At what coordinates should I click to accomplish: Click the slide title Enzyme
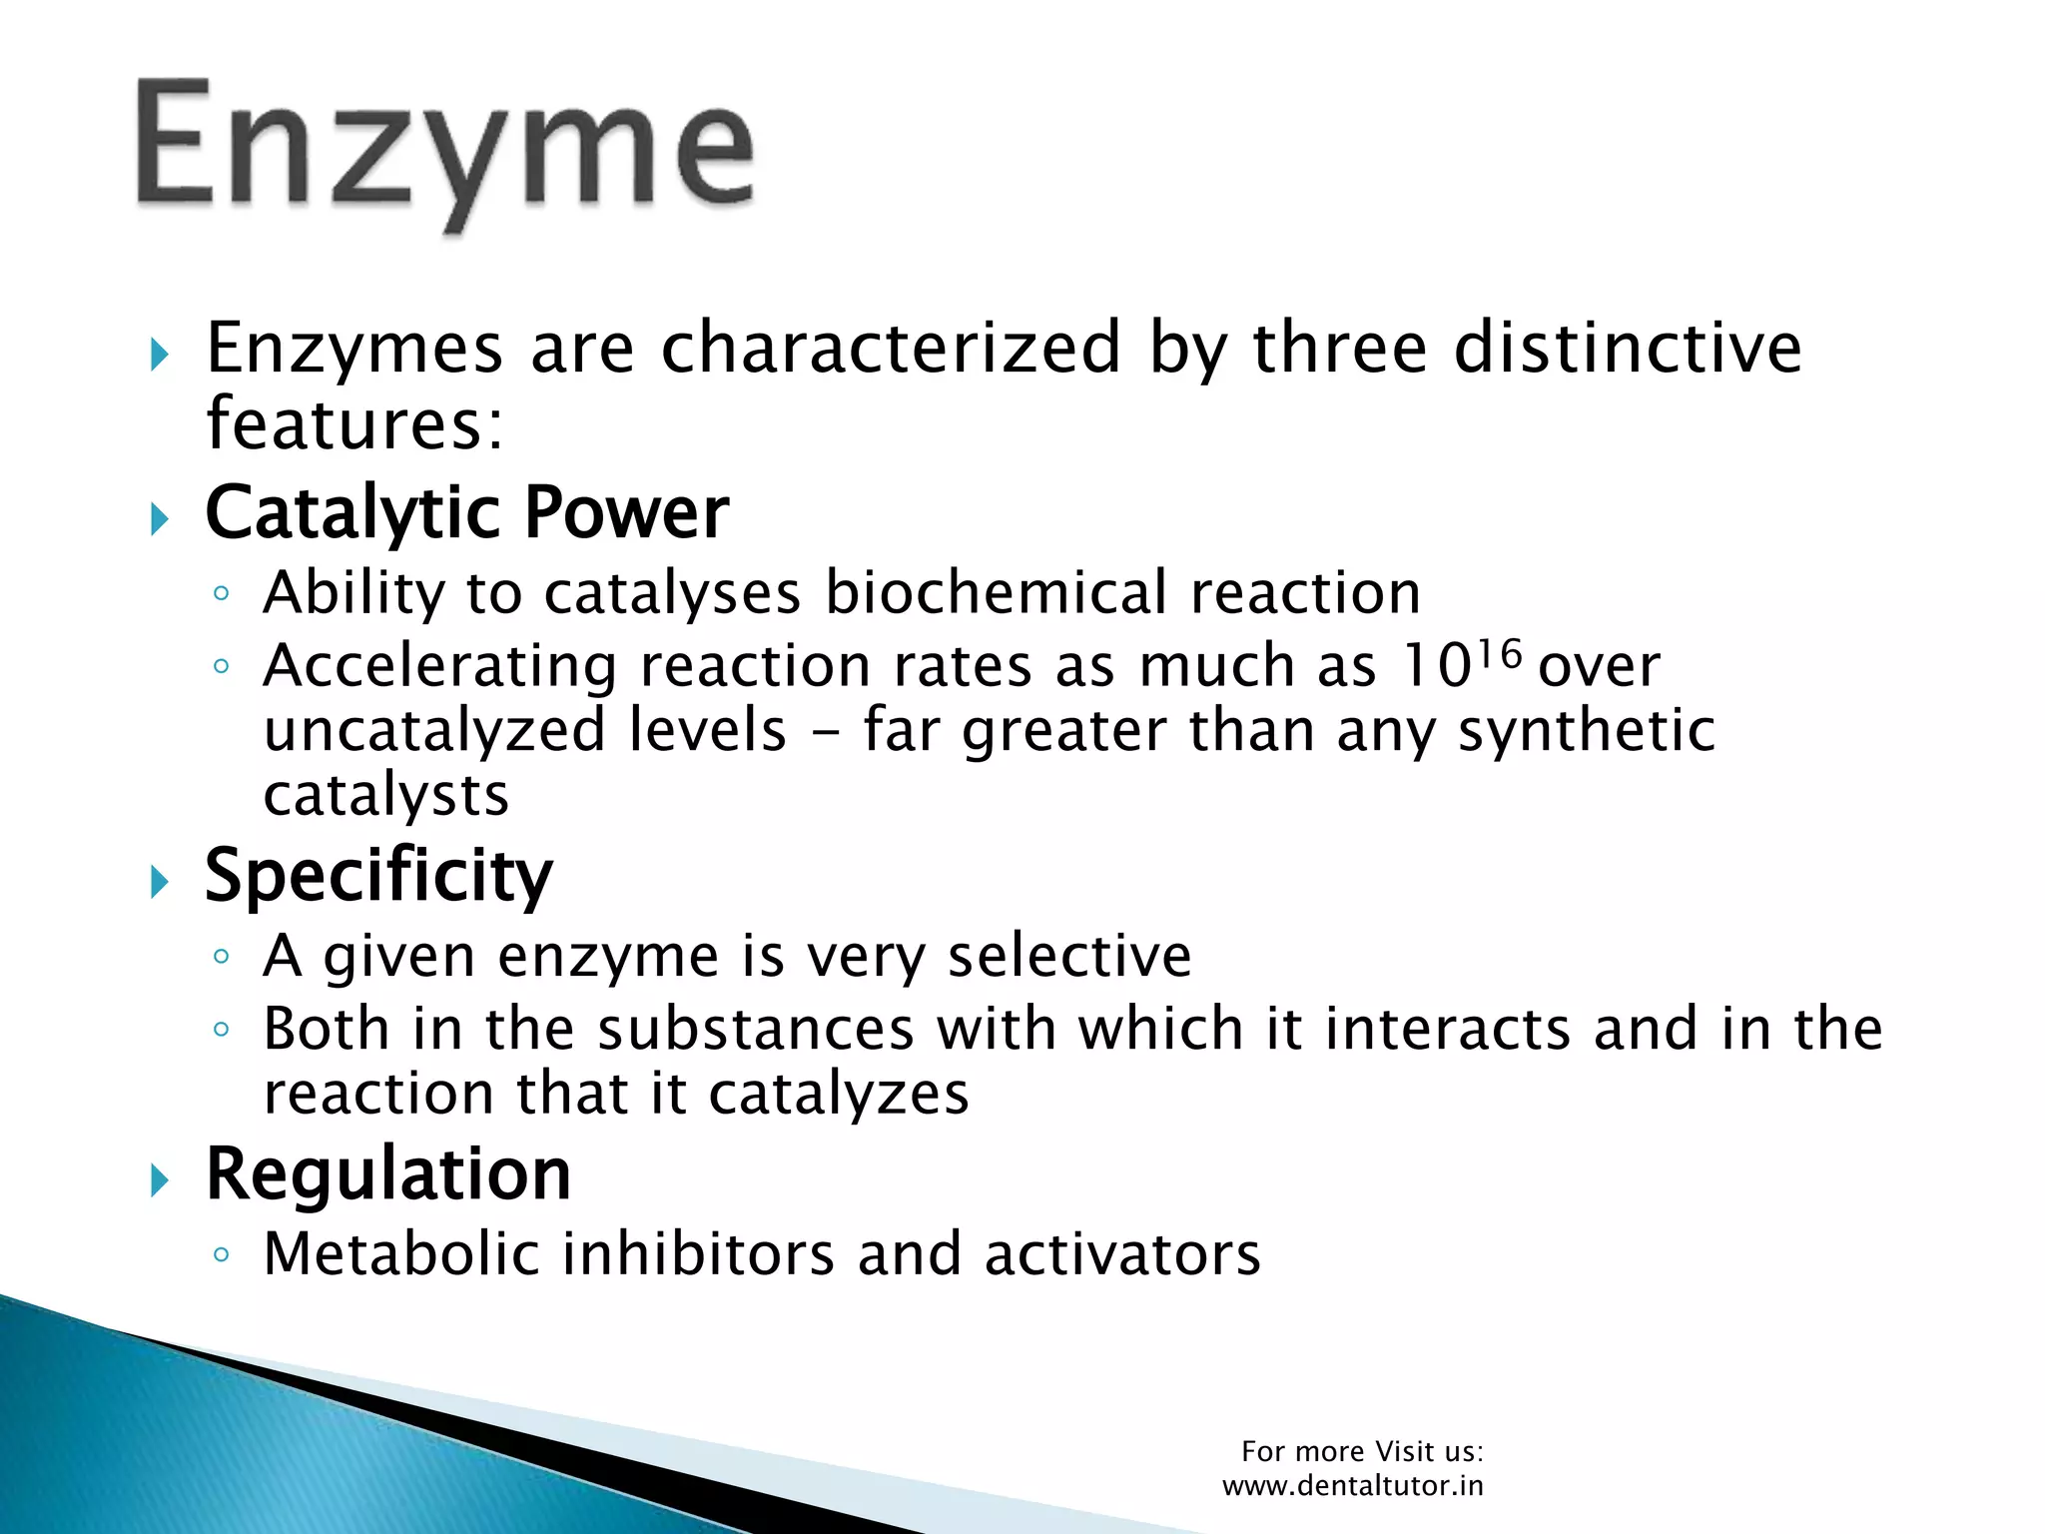[444, 150]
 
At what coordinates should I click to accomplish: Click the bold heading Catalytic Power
[466, 513]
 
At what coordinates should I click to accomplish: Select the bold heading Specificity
[378, 876]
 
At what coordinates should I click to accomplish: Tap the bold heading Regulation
[388, 1173]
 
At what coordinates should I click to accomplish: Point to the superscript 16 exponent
[1500, 656]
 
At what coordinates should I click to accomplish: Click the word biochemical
[996, 592]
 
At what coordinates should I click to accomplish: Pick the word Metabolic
[400, 1254]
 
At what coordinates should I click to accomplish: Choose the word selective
[1069, 957]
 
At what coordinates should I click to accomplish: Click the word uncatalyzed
[434, 730]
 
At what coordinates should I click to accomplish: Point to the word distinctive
[1627, 349]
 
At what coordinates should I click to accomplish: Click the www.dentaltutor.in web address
[1353, 1486]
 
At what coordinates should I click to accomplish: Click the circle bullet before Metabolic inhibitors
[222, 1255]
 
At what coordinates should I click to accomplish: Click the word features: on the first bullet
[354, 424]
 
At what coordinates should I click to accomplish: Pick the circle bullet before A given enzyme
[222, 957]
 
